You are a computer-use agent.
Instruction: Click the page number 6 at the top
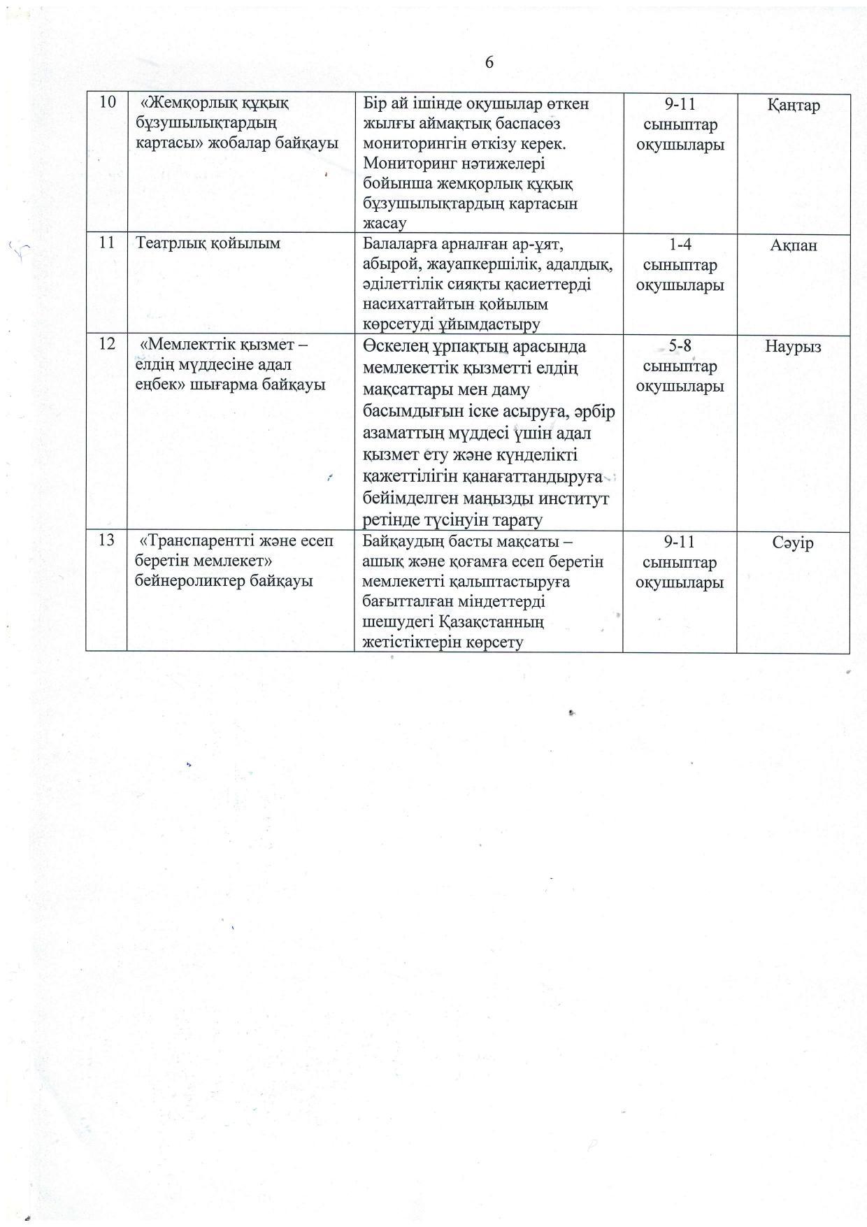click(x=489, y=63)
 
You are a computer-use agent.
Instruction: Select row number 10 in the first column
click(x=108, y=103)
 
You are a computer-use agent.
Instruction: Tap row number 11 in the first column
click(x=107, y=243)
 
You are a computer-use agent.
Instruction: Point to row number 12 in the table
click(x=107, y=345)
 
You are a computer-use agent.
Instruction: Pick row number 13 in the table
click(x=107, y=540)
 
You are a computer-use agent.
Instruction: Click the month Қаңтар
click(x=793, y=106)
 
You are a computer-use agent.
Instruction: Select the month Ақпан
click(x=793, y=245)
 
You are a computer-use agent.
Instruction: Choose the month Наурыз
click(x=793, y=347)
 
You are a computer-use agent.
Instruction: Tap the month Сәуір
click(x=793, y=543)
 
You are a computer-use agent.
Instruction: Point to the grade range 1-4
click(x=680, y=245)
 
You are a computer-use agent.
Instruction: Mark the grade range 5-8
click(x=680, y=346)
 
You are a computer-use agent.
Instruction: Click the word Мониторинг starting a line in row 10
click(x=406, y=164)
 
